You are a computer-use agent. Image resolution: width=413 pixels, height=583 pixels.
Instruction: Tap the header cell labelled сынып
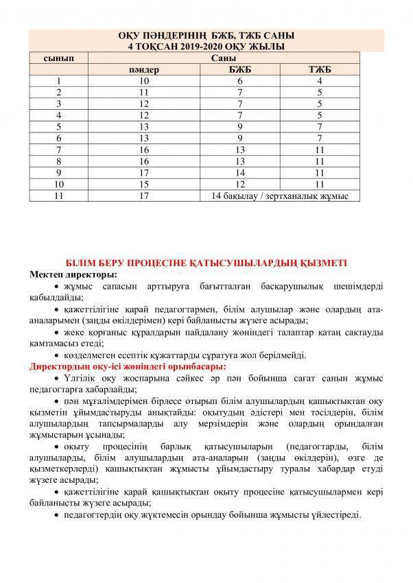[x=59, y=59]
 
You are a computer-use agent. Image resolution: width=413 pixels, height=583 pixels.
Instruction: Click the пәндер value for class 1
[x=144, y=81]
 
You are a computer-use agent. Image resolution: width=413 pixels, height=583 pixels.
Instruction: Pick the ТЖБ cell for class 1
[x=320, y=81]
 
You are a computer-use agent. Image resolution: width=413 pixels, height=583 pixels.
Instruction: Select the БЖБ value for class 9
[x=239, y=173]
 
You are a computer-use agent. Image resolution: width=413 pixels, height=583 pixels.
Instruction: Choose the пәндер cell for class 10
[x=144, y=185]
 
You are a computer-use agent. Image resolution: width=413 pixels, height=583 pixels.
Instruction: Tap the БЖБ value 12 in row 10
[x=239, y=185]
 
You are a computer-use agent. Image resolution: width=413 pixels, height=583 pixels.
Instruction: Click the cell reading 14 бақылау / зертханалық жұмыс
[x=281, y=196]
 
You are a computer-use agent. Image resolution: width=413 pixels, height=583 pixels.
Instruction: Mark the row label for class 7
[x=60, y=150]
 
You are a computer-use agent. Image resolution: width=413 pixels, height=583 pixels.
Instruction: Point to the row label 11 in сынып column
[x=60, y=196]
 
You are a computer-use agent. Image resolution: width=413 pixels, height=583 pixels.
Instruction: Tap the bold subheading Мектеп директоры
[x=73, y=273]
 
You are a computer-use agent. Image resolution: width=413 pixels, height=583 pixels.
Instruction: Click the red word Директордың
[x=63, y=367]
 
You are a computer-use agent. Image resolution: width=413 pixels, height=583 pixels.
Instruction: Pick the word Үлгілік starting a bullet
[x=82, y=379]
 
